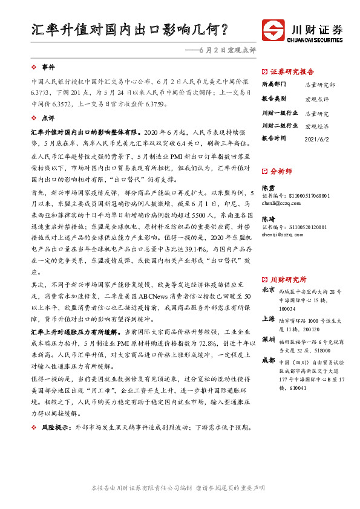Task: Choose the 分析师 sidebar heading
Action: pyautogui.click(x=281, y=171)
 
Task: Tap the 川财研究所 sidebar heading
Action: pyautogui.click(x=288, y=279)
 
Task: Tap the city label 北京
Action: pyautogui.click(x=269, y=290)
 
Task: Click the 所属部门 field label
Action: pyautogui.click(x=273, y=85)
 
